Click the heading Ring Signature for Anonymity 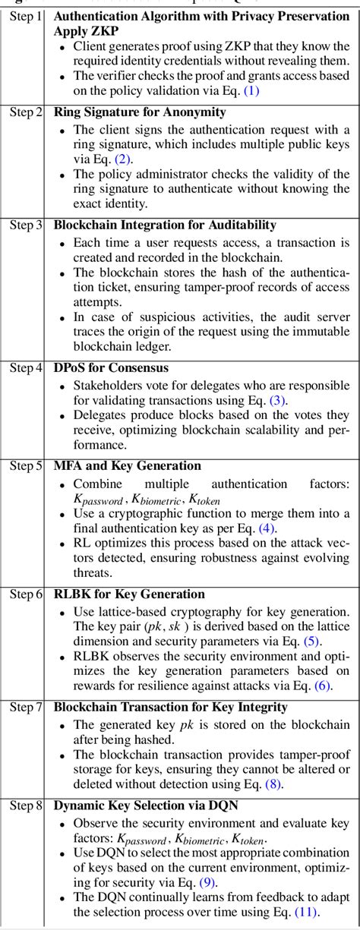click(140, 112)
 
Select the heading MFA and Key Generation click(128, 465)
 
